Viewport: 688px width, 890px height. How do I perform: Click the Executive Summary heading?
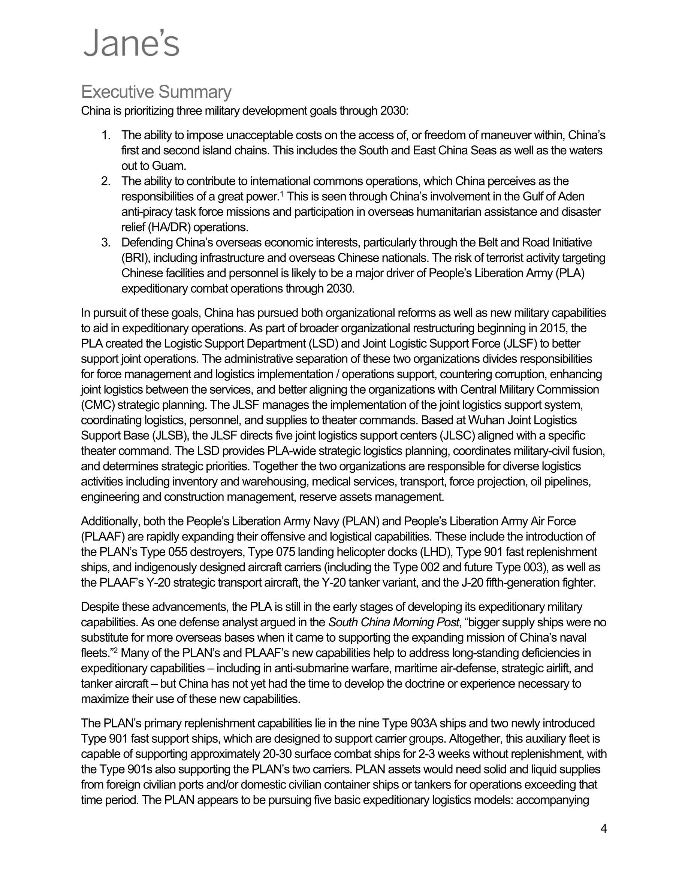156,92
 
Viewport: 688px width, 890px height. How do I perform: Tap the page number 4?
604,829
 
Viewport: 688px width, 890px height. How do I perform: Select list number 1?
105,135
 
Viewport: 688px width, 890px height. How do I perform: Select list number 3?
105,242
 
